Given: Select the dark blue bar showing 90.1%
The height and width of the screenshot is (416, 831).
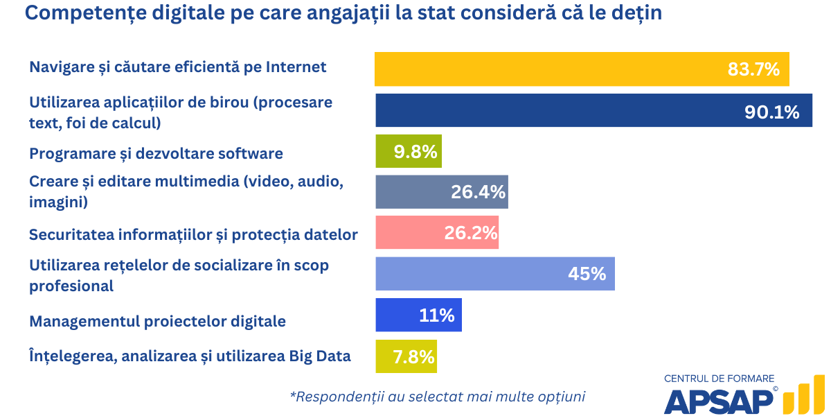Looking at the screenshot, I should (554, 111).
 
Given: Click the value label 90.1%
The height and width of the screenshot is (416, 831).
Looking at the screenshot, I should (771, 112).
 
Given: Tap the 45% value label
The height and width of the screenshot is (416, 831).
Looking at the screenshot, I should (587, 274).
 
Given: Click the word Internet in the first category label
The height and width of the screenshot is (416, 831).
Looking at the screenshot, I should (296, 67).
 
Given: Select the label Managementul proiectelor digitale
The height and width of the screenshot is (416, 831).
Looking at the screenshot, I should (157, 322).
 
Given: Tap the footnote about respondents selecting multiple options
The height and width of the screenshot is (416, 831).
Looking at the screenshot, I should (438, 397).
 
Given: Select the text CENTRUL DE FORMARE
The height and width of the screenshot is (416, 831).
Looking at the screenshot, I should (719, 379).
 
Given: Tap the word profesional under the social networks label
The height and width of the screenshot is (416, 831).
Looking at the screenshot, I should (71, 286).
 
